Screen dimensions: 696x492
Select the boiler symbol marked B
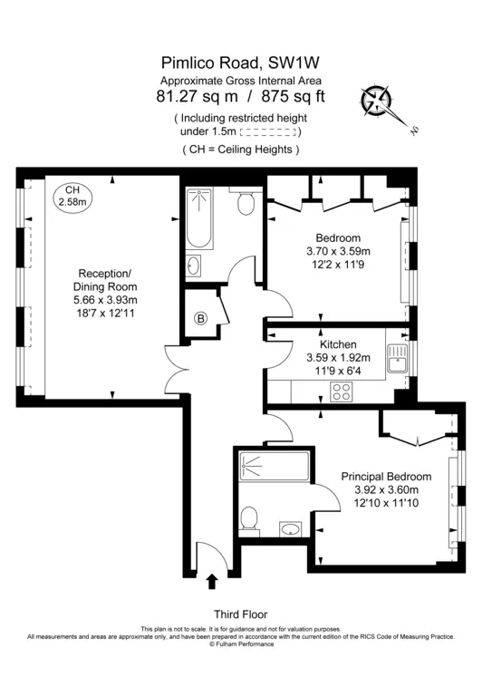point(201,318)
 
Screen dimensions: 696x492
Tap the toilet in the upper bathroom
point(246,204)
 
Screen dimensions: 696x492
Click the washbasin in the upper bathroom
point(198,265)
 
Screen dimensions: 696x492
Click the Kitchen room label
point(337,344)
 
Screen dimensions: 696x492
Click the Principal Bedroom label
point(386,477)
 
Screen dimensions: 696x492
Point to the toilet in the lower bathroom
point(249,518)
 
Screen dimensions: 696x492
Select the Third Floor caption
point(240,614)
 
